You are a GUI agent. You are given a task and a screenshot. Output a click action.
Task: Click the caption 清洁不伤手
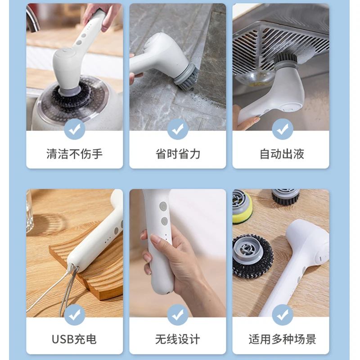point(74,154)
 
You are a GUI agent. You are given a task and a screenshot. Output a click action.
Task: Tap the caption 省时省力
point(178,154)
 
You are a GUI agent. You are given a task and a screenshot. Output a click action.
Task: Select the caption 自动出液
point(282,154)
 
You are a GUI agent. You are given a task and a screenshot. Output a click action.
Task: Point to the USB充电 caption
point(74,339)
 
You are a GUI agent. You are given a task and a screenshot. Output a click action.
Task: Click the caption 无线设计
point(178,339)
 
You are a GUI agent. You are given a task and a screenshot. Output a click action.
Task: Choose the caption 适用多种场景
point(283,339)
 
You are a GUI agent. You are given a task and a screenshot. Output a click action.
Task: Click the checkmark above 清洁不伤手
point(75,129)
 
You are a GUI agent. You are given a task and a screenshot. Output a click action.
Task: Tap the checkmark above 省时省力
point(178,129)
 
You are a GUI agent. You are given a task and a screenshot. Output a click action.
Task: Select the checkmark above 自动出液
point(283,129)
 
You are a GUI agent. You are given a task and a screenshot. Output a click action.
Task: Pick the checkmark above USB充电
point(75,315)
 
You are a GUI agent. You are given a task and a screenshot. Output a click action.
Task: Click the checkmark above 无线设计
point(178,315)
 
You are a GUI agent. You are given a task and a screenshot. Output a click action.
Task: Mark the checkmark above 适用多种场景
point(283,315)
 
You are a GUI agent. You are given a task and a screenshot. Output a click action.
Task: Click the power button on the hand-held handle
point(163,206)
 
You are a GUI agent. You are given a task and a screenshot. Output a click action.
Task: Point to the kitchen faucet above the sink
point(33,18)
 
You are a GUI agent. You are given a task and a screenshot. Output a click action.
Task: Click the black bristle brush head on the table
point(285,197)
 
